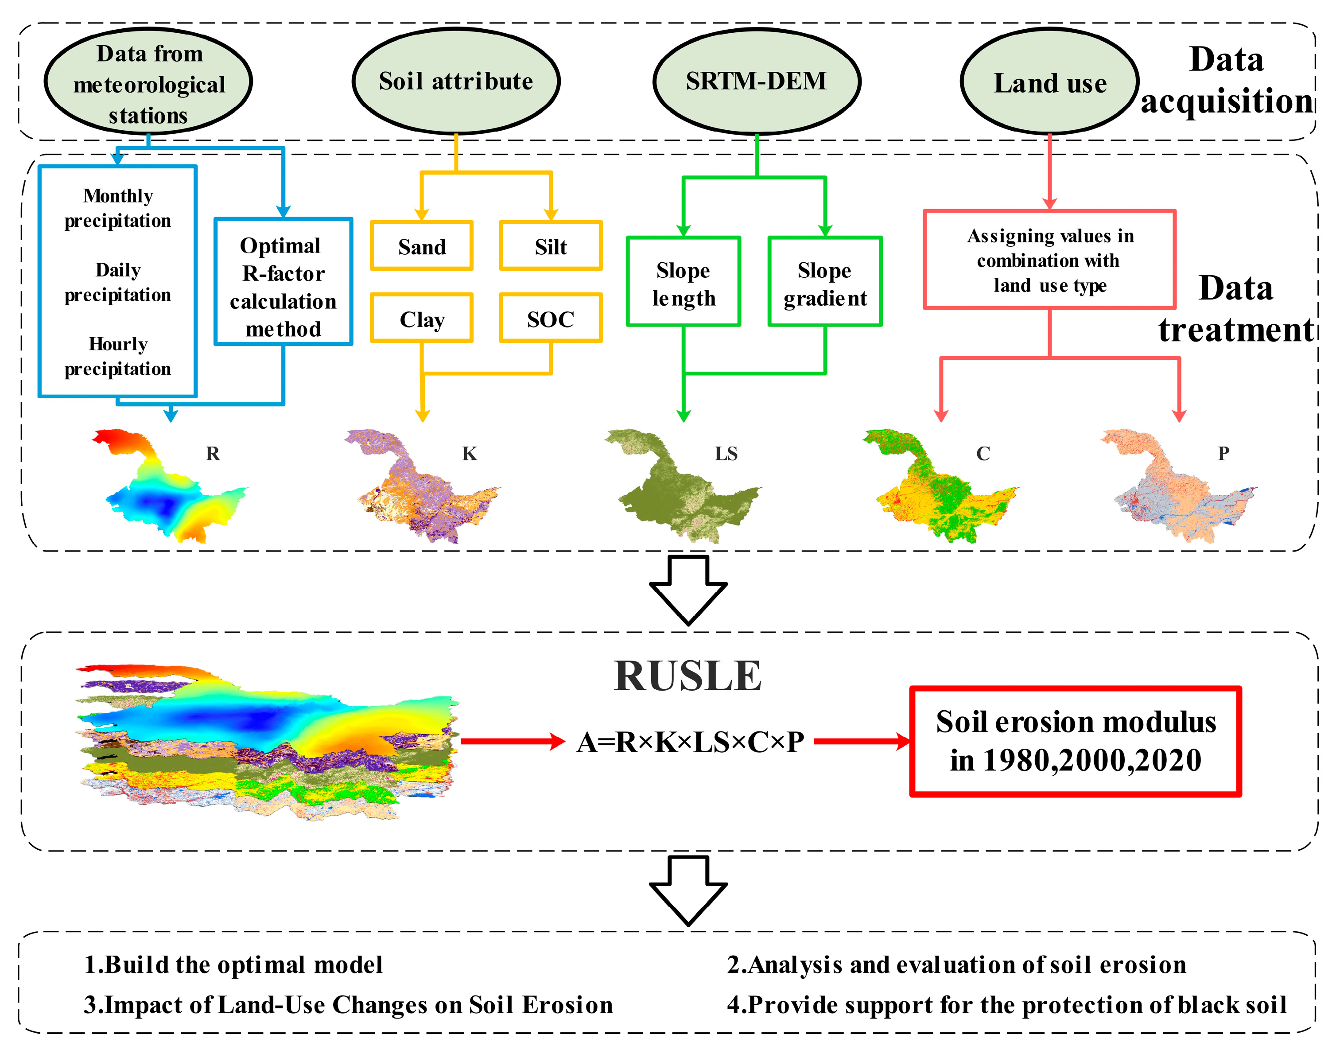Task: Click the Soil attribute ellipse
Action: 455,81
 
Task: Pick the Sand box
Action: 422,246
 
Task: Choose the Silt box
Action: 551,246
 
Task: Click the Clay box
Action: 422,319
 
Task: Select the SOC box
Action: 551,319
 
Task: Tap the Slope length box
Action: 684,282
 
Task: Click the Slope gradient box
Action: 825,282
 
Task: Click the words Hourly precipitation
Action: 118,356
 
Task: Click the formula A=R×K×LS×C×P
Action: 690,742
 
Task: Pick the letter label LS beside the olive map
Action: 726,454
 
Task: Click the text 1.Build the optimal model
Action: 233,964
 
